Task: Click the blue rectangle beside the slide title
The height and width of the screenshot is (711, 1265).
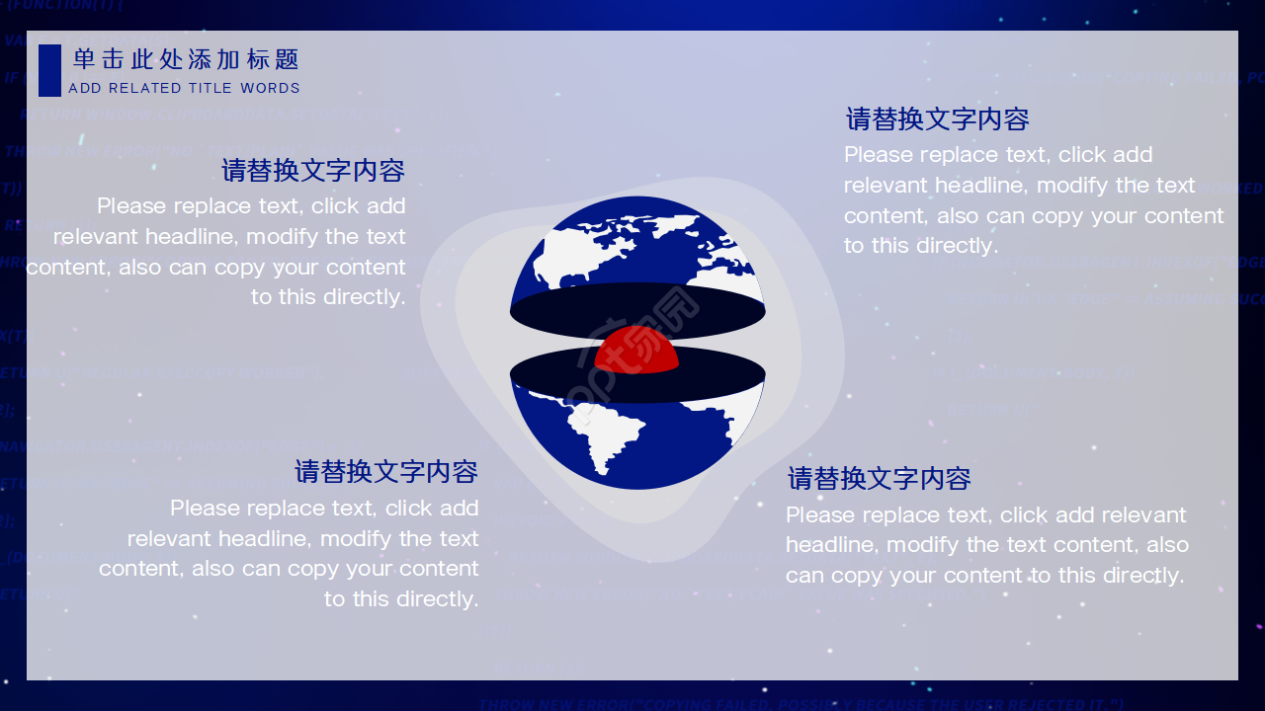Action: (49, 70)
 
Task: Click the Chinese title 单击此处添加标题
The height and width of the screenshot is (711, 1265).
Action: (186, 60)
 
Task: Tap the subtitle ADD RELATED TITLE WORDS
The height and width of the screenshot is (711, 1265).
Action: (184, 88)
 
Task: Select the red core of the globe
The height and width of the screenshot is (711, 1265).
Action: (637, 349)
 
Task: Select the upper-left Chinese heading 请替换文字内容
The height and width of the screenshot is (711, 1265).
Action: (313, 171)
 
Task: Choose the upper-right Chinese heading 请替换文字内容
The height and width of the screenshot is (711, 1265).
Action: (937, 119)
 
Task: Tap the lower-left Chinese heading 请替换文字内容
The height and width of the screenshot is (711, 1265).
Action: (386, 472)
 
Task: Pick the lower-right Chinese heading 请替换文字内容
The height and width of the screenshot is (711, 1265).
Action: (879, 479)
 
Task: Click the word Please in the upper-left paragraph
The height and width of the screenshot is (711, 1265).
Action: (131, 206)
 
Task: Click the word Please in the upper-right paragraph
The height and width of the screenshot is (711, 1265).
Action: (879, 155)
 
